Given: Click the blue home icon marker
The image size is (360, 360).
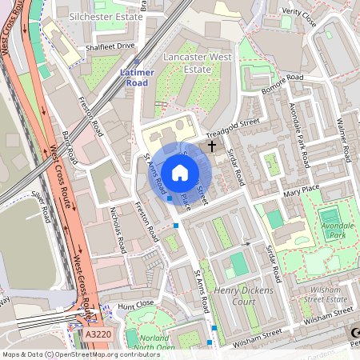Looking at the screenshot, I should pyautogui.click(x=180, y=173).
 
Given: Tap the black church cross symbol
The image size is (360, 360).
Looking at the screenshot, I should pyautogui.click(x=212, y=146).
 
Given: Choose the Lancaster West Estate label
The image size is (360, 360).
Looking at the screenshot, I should pyautogui.click(x=194, y=64).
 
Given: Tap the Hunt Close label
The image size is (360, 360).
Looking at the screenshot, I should pyautogui.click(x=134, y=305).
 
